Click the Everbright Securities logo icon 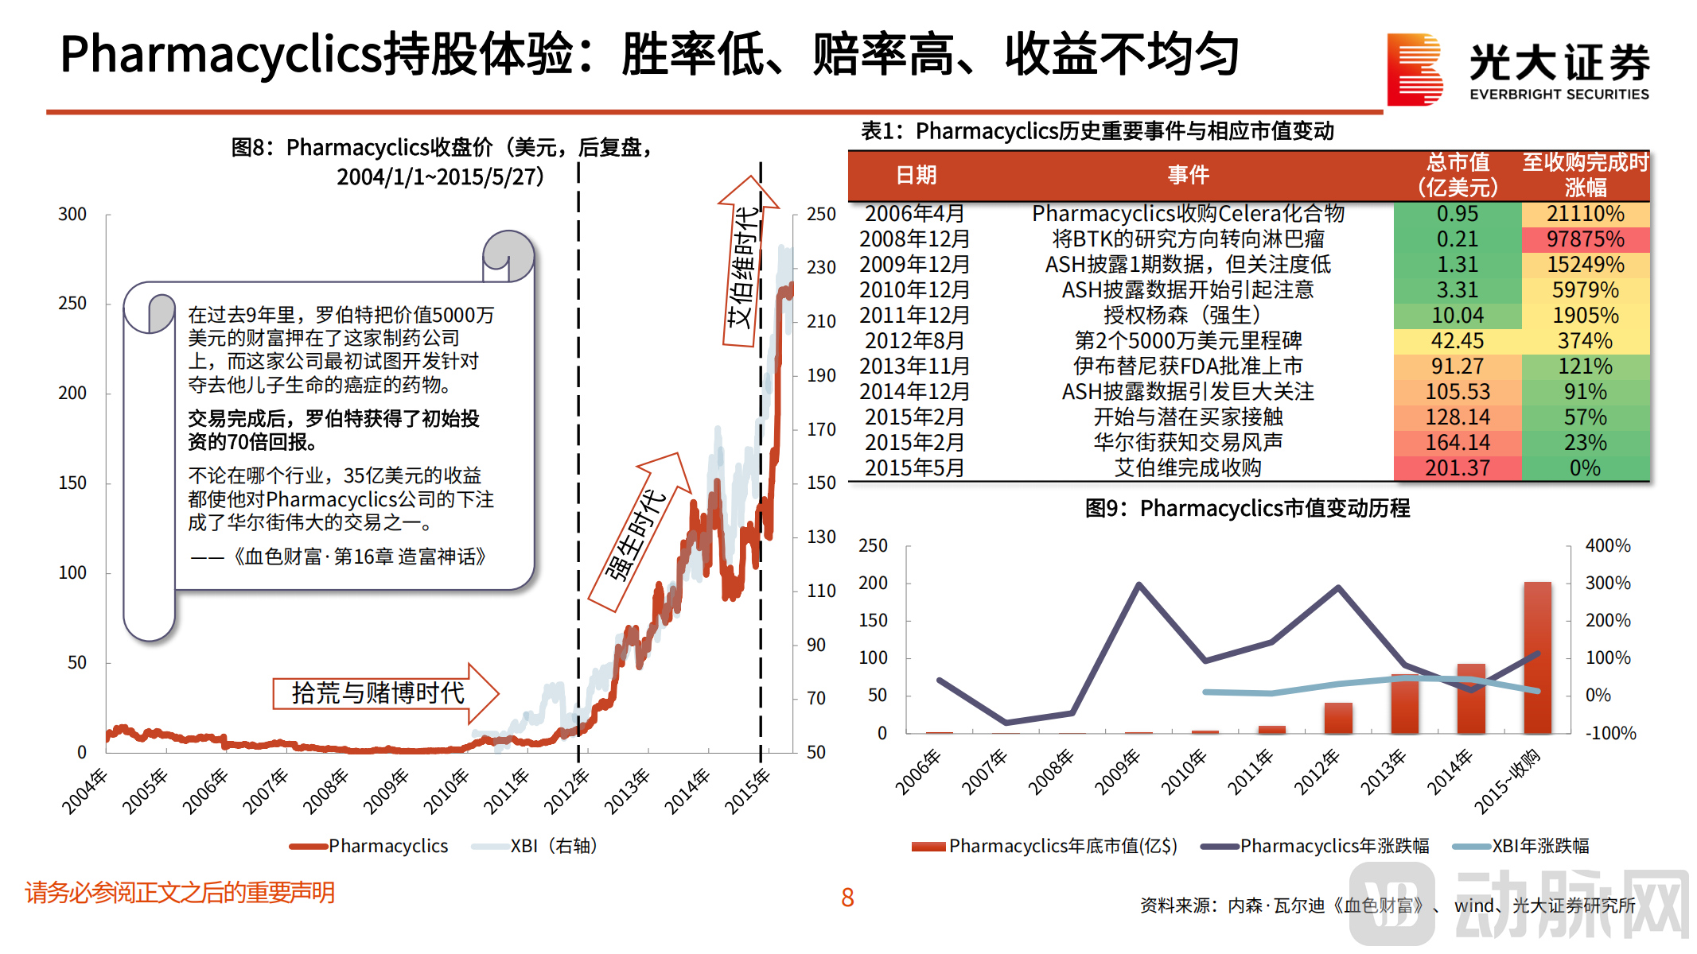(x=1415, y=70)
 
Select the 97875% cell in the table (x=1585, y=239)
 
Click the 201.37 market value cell (x=1457, y=468)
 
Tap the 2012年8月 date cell (x=914, y=341)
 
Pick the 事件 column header (x=1188, y=175)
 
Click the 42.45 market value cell (x=1457, y=341)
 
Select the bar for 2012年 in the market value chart (x=1338, y=718)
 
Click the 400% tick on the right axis (x=1607, y=546)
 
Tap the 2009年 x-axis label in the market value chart (x=1118, y=772)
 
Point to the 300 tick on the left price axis (x=72, y=215)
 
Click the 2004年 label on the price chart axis (x=84, y=790)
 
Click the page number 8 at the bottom (x=847, y=898)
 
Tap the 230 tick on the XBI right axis (x=821, y=268)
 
